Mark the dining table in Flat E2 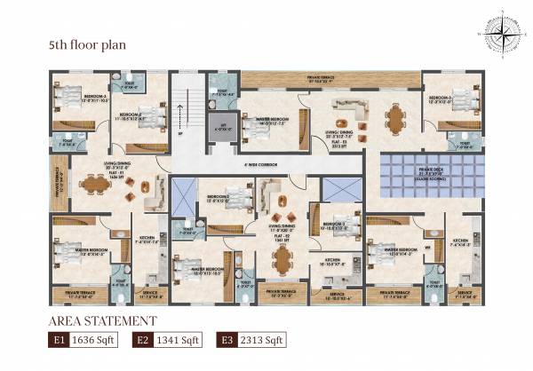(282, 258)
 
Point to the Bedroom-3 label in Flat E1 (94, 97)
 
